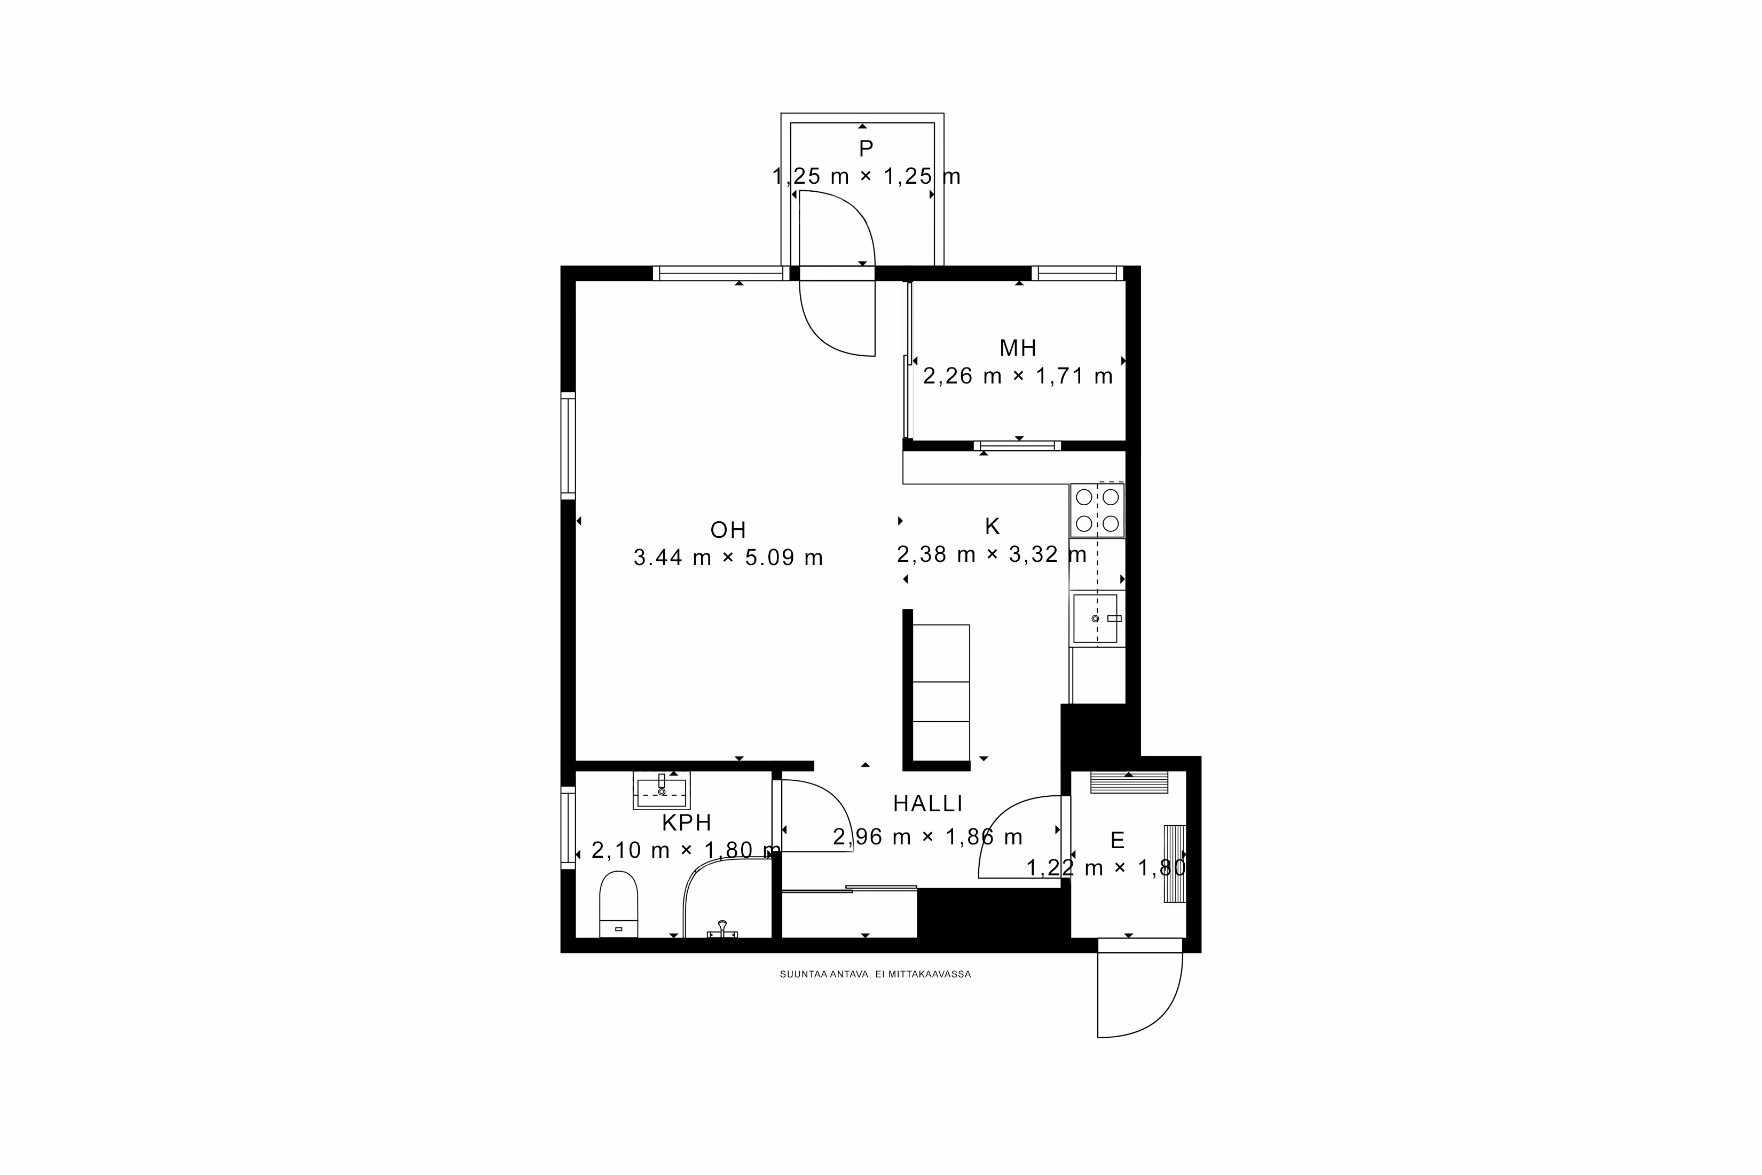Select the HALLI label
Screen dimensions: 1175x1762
tap(927, 804)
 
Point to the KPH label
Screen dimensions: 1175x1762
tap(686, 823)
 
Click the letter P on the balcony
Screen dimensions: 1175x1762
tap(866, 148)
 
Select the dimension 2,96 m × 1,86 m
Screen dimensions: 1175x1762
tap(927, 837)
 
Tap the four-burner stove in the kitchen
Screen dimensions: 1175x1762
tap(1097, 510)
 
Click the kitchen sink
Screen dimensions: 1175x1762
tap(1095, 618)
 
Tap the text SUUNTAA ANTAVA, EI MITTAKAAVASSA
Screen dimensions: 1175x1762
tap(875, 974)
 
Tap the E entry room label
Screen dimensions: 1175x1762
tap(1117, 840)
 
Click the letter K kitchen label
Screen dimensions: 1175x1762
tap(992, 526)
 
